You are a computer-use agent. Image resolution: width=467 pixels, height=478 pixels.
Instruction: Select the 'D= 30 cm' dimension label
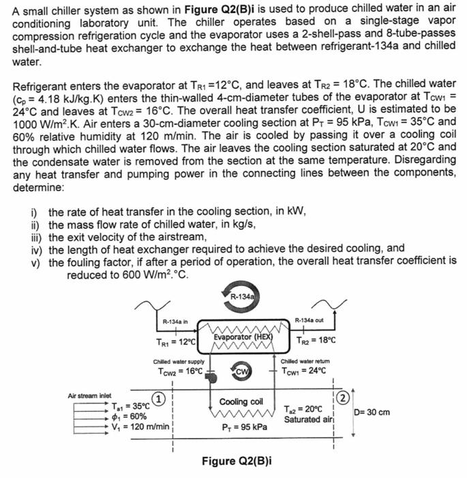(x=372, y=412)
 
